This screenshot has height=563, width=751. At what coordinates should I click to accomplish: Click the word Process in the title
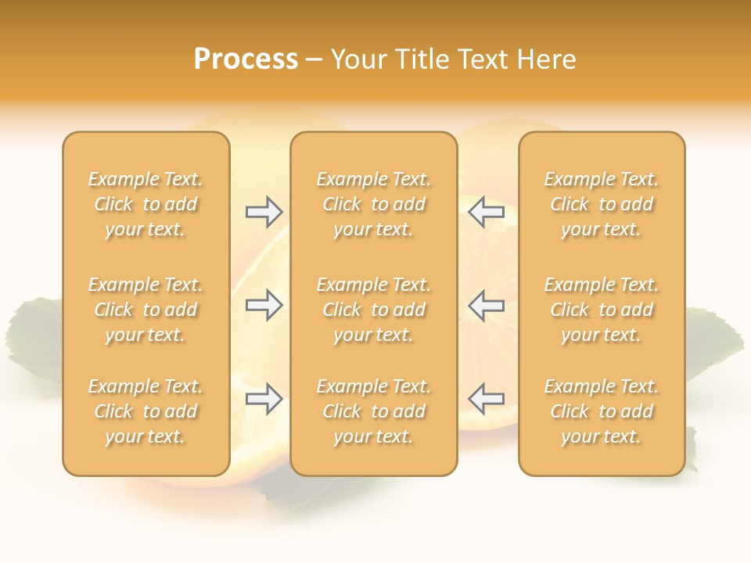[x=246, y=59]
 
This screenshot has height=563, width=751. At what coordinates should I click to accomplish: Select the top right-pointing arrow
[x=264, y=212]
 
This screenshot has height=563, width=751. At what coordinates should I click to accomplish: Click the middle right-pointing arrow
[x=264, y=305]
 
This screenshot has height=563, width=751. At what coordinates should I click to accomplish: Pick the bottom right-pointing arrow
[x=264, y=399]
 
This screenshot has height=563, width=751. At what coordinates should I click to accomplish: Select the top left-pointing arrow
[x=487, y=212]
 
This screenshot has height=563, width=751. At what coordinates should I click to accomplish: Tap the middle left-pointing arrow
[x=487, y=305]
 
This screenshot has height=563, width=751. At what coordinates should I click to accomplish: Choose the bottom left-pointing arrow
[x=487, y=399]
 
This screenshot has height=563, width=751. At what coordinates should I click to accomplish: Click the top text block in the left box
[x=146, y=204]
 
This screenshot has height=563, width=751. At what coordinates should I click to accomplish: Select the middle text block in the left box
[x=146, y=310]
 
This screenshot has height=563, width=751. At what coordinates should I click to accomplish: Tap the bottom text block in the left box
[x=146, y=411]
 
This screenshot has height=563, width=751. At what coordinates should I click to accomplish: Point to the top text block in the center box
[x=373, y=204]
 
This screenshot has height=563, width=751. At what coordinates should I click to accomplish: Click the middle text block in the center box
[x=373, y=310]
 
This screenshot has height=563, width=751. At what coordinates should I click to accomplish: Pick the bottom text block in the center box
[x=373, y=411]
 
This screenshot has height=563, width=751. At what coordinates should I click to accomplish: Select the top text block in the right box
[x=602, y=204]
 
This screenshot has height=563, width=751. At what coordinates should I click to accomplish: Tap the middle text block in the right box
[x=602, y=310]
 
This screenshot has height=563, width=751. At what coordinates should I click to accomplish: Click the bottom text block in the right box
[x=602, y=411]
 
